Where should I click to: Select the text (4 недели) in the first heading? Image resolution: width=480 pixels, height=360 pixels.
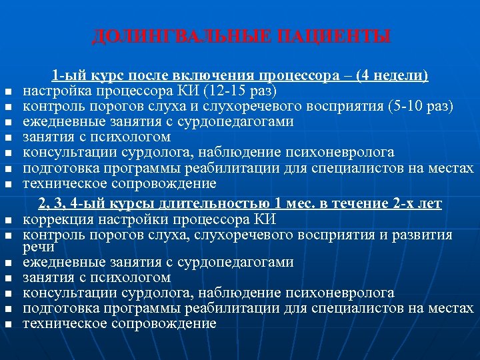(393, 76)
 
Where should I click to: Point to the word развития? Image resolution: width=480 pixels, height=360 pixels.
(425, 235)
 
